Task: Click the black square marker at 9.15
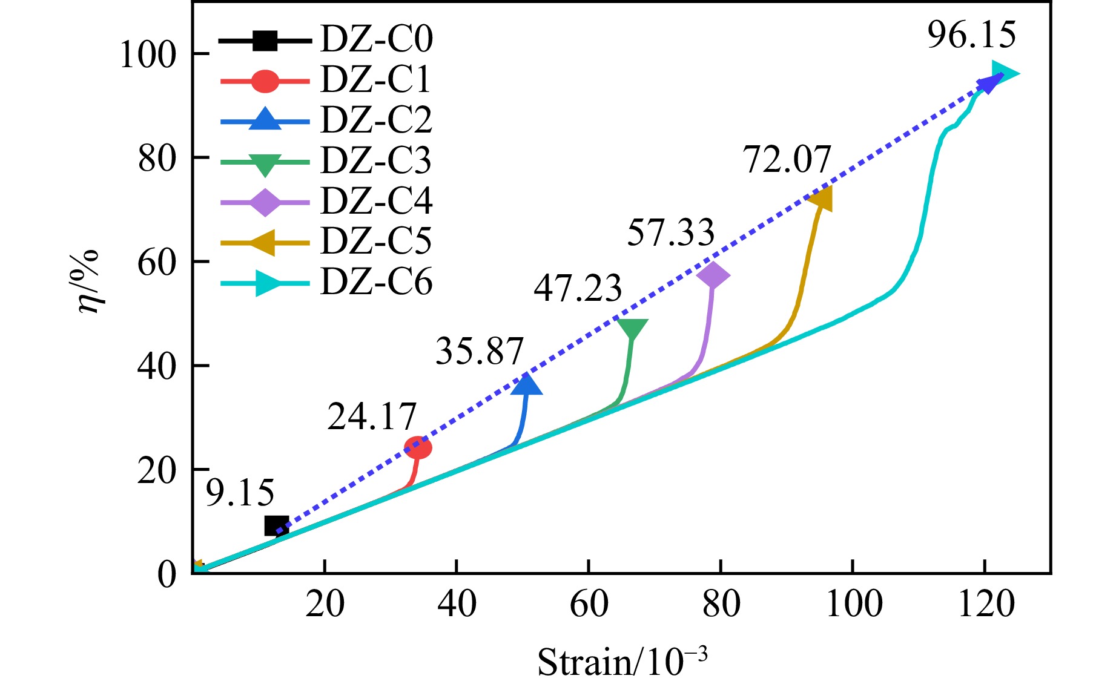pos(277,526)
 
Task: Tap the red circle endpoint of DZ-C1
pos(417,448)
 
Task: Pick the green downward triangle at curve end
pos(633,329)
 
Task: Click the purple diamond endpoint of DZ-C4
pos(713,275)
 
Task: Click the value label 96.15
pos(971,35)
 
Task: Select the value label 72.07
pos(787,160)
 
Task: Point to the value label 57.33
pos(670,232)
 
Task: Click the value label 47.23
pos(578,288)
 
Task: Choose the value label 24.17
pos(372,416)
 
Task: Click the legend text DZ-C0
pos(376,40)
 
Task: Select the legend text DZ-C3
pos(376,161)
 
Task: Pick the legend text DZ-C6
pos(376,282)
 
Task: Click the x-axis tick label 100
pos(854,604)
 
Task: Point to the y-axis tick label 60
pos(156,263)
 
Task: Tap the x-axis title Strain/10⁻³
pos(622,662)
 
